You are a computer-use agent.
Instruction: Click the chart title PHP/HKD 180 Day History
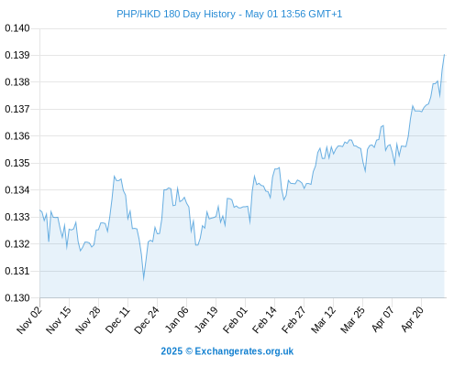176,14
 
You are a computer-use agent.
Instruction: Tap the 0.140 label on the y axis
17,28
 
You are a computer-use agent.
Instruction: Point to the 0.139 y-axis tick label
17,55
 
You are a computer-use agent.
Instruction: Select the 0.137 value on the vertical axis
17,109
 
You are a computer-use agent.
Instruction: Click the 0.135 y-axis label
17,163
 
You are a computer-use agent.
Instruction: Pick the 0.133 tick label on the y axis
17,217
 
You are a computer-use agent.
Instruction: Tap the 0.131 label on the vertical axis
17,271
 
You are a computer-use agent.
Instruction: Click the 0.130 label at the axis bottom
17,297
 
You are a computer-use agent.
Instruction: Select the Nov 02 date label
29,319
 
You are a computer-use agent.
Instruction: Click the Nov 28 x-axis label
88,319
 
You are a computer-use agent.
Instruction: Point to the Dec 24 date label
147,319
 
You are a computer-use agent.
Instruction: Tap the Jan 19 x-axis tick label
206,319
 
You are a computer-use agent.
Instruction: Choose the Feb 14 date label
264,319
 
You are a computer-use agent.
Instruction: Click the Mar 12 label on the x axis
324,319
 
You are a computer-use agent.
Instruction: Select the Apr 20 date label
413,319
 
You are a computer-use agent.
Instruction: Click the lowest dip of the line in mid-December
143,279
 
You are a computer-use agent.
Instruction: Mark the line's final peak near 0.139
444,55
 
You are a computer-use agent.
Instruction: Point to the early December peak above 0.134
115,176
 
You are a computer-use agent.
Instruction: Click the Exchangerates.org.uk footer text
244,351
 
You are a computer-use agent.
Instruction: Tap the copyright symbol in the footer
189,351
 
